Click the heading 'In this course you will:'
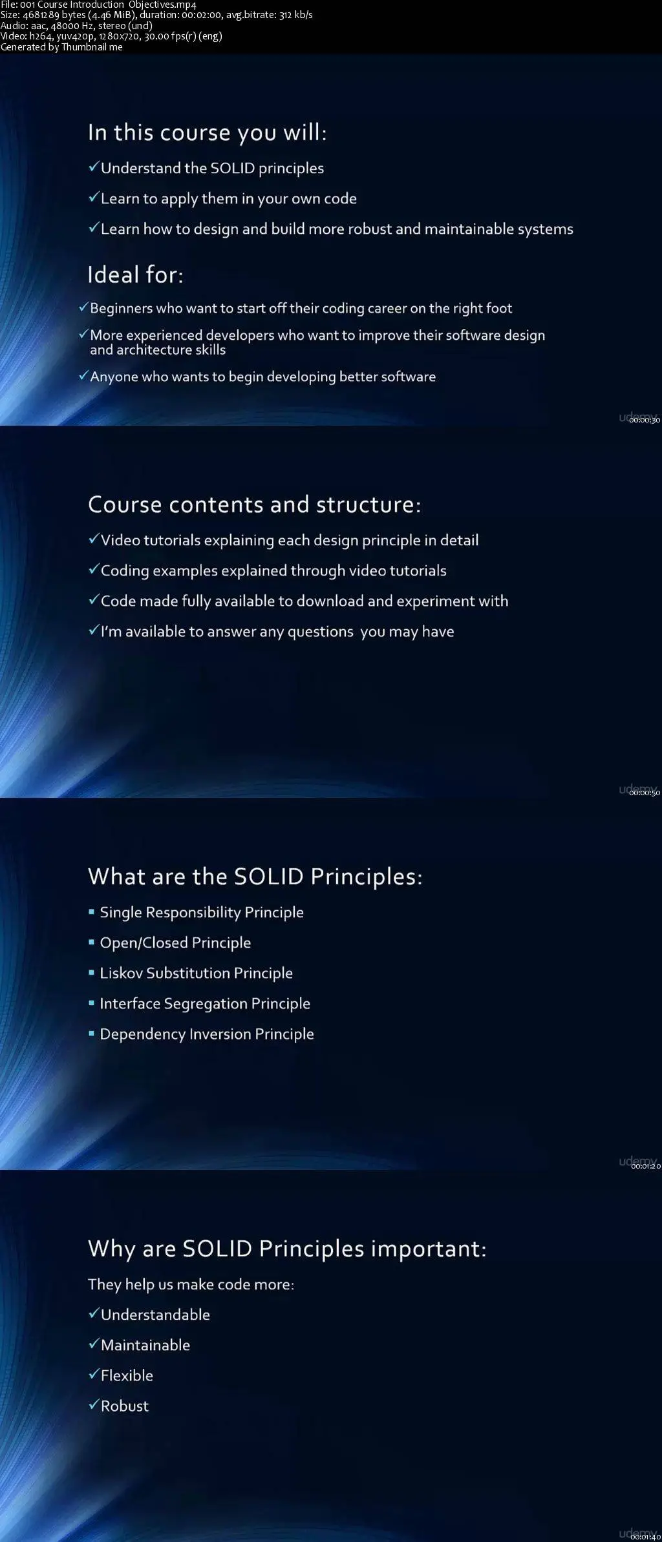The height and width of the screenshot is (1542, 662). pos(208,133)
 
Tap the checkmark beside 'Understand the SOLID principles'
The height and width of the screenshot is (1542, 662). pos(94,167)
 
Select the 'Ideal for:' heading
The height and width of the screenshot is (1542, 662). pos(136,275)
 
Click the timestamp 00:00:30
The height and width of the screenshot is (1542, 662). pos(645,420)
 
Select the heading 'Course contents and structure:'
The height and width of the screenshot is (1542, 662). pos(255,505)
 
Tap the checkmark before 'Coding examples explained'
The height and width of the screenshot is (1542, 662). pos(94,570)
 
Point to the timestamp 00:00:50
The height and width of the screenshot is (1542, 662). pos(645,793)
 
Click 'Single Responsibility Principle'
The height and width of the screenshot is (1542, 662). pos(202,912)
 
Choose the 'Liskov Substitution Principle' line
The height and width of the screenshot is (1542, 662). pos(196,973)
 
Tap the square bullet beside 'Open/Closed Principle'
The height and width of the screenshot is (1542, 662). pos(92,943)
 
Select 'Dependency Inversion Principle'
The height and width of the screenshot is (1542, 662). pos(207,1034)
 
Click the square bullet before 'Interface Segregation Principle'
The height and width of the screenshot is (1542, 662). pos(92,1003)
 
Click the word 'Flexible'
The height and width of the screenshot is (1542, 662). pos(127,1375)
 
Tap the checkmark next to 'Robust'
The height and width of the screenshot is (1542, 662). pos(94,1405)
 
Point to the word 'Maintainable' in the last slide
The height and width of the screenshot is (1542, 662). pos(145,1345)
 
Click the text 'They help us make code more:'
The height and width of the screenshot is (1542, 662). pos(191,1284)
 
